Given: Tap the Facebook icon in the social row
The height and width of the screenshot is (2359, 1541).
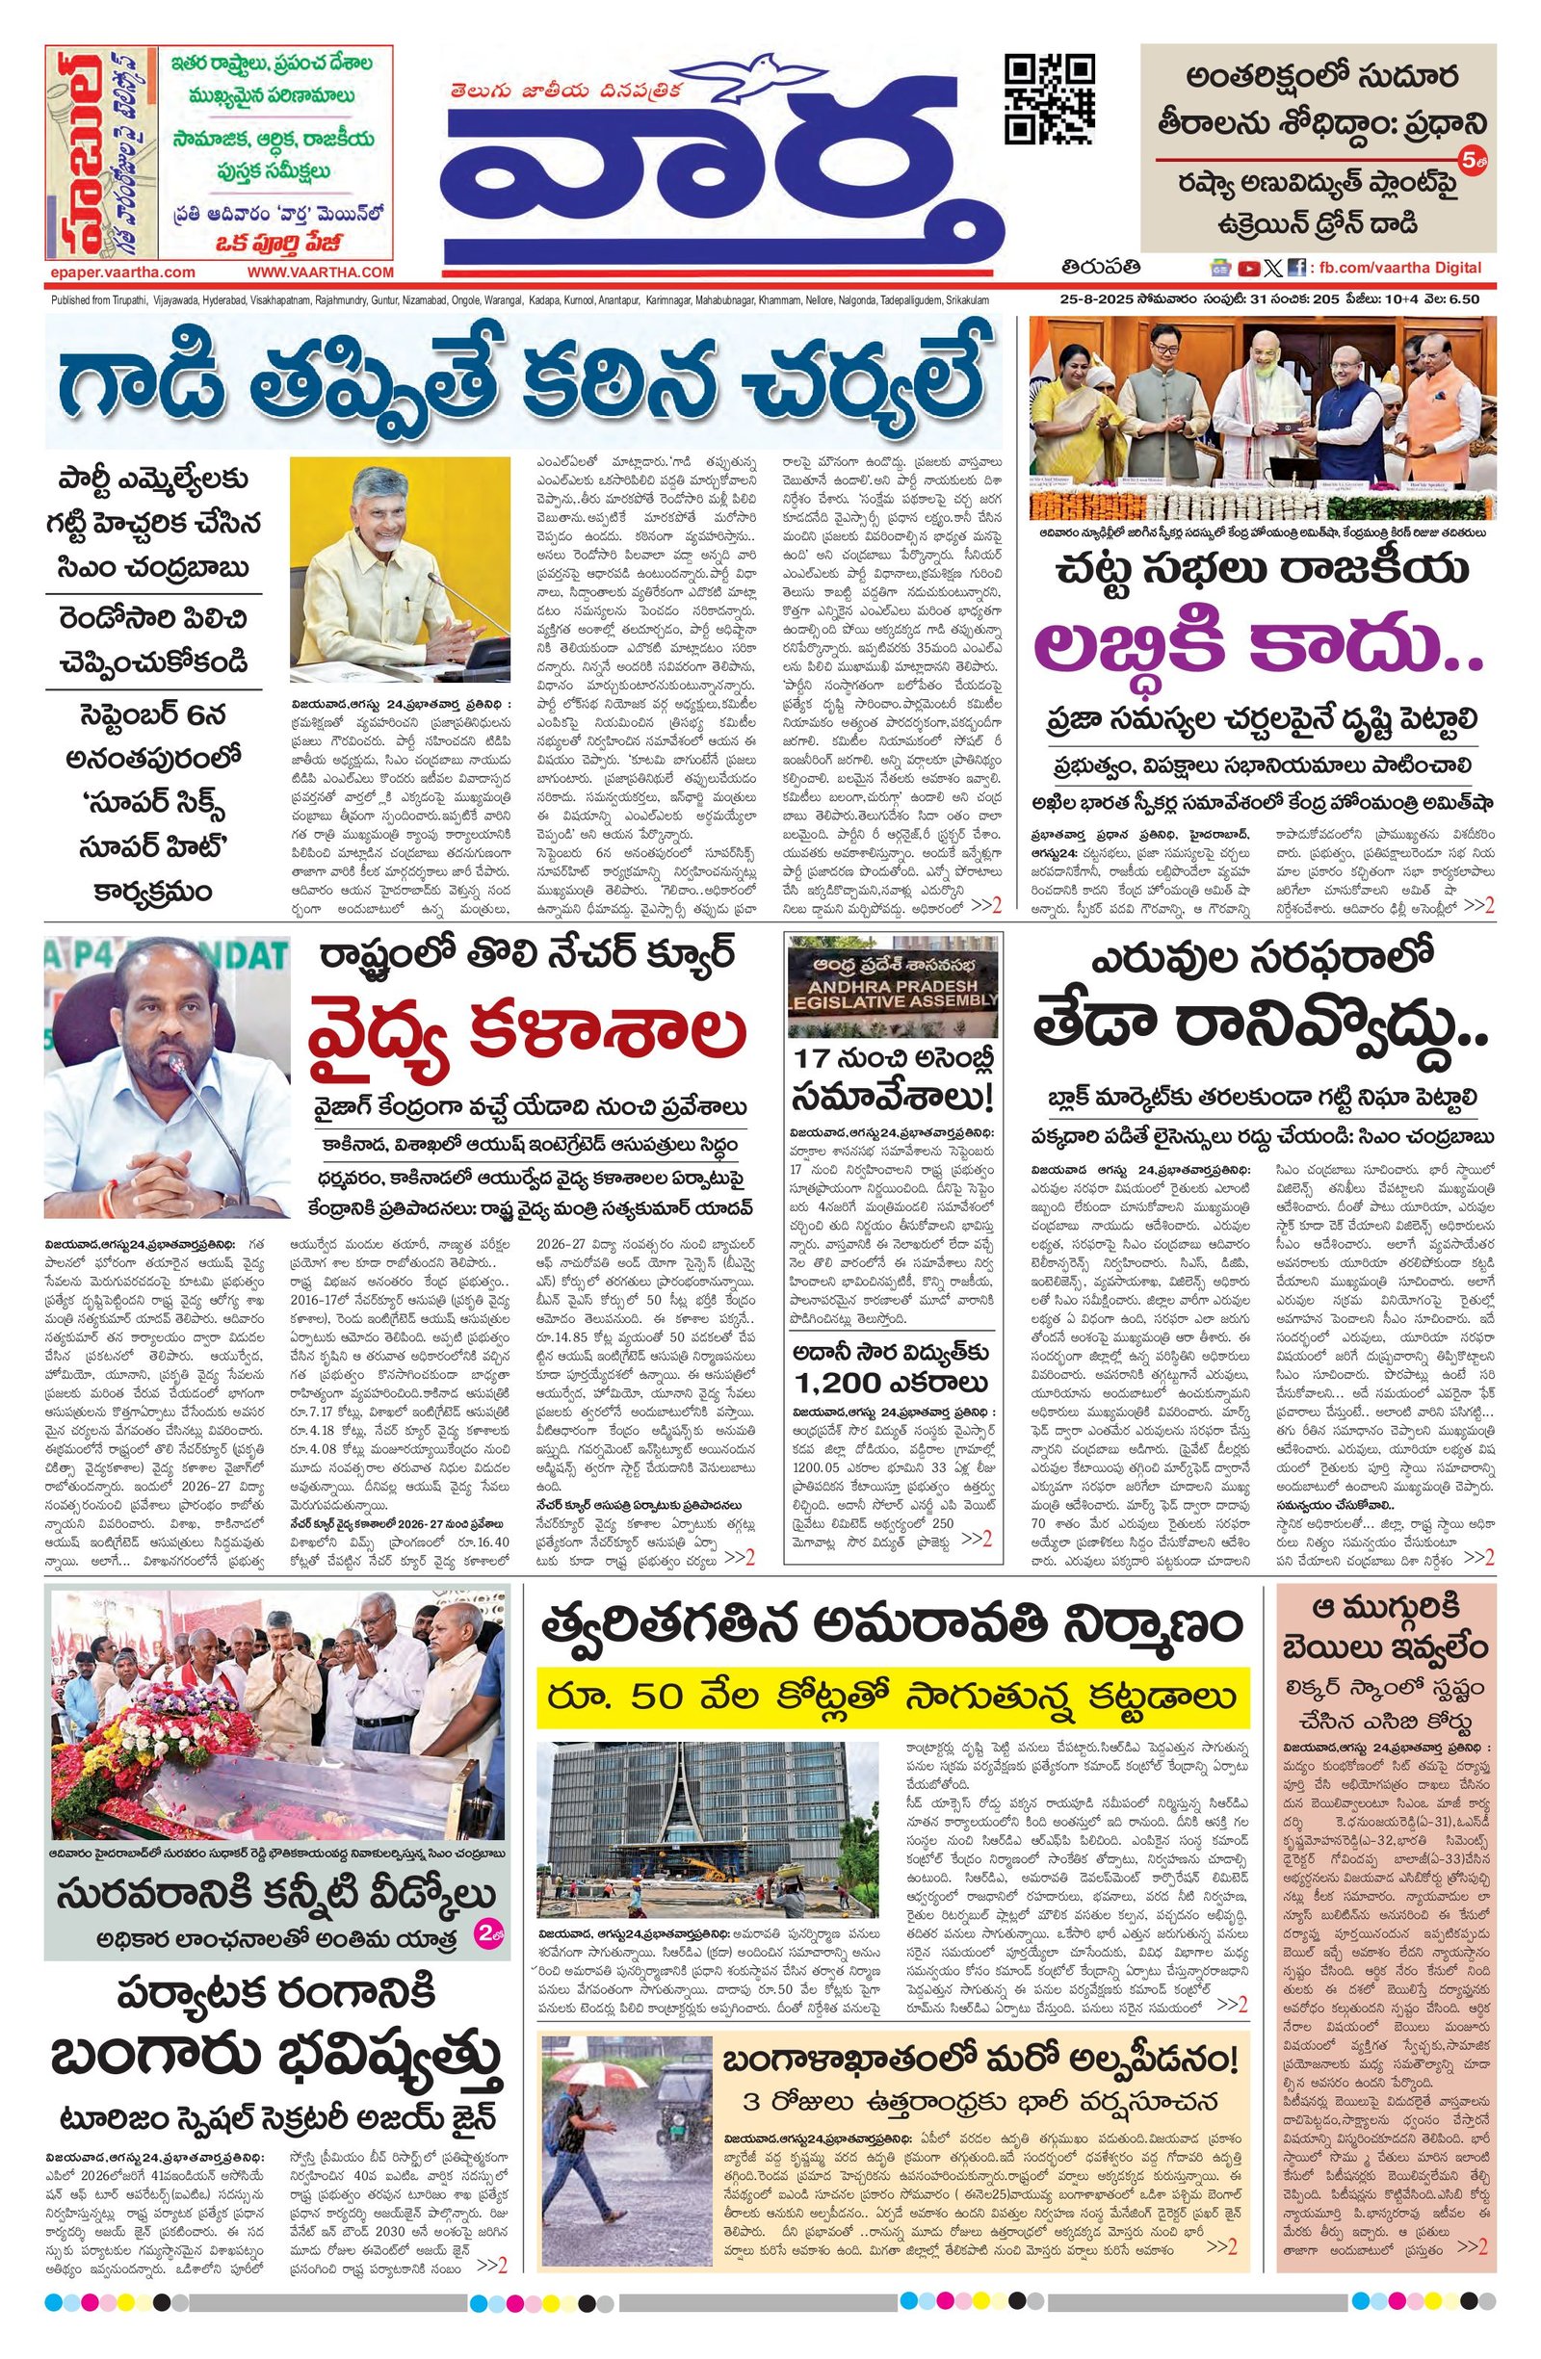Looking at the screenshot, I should click(x=1294, y=268).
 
